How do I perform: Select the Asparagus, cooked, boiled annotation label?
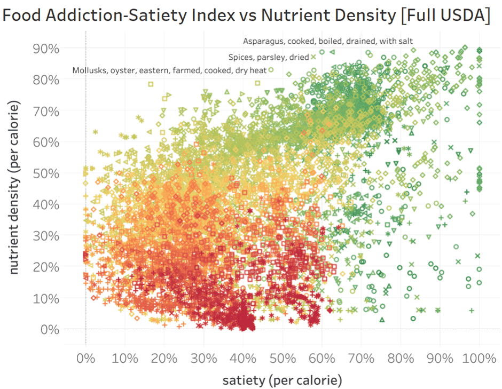(x=327, y=41)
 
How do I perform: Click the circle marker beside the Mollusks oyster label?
(x=271, y=70)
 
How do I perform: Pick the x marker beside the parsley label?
(x=314, y=57)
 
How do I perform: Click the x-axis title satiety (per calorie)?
(x=282, y=380)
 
